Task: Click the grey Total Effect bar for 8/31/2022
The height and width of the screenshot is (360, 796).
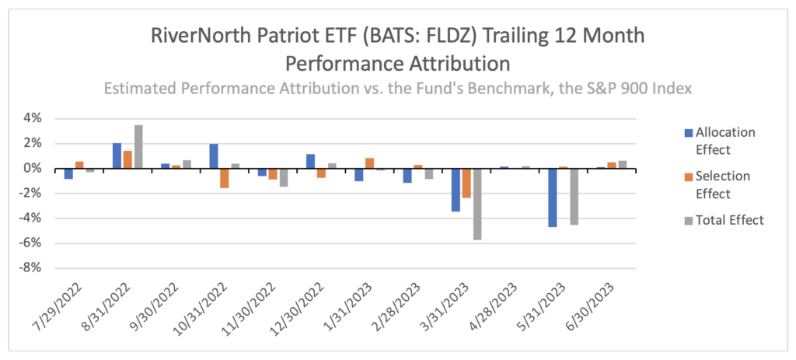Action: click(x=138, y=146)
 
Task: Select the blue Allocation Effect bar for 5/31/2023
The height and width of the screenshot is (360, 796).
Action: click(x=553, y=197)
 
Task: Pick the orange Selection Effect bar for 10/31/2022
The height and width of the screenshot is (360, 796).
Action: click(x=224, y=178)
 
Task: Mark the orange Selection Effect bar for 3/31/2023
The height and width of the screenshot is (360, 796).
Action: click(x=466, y=183)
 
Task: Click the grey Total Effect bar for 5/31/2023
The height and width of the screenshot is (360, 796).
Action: click(x=574, y=197)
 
